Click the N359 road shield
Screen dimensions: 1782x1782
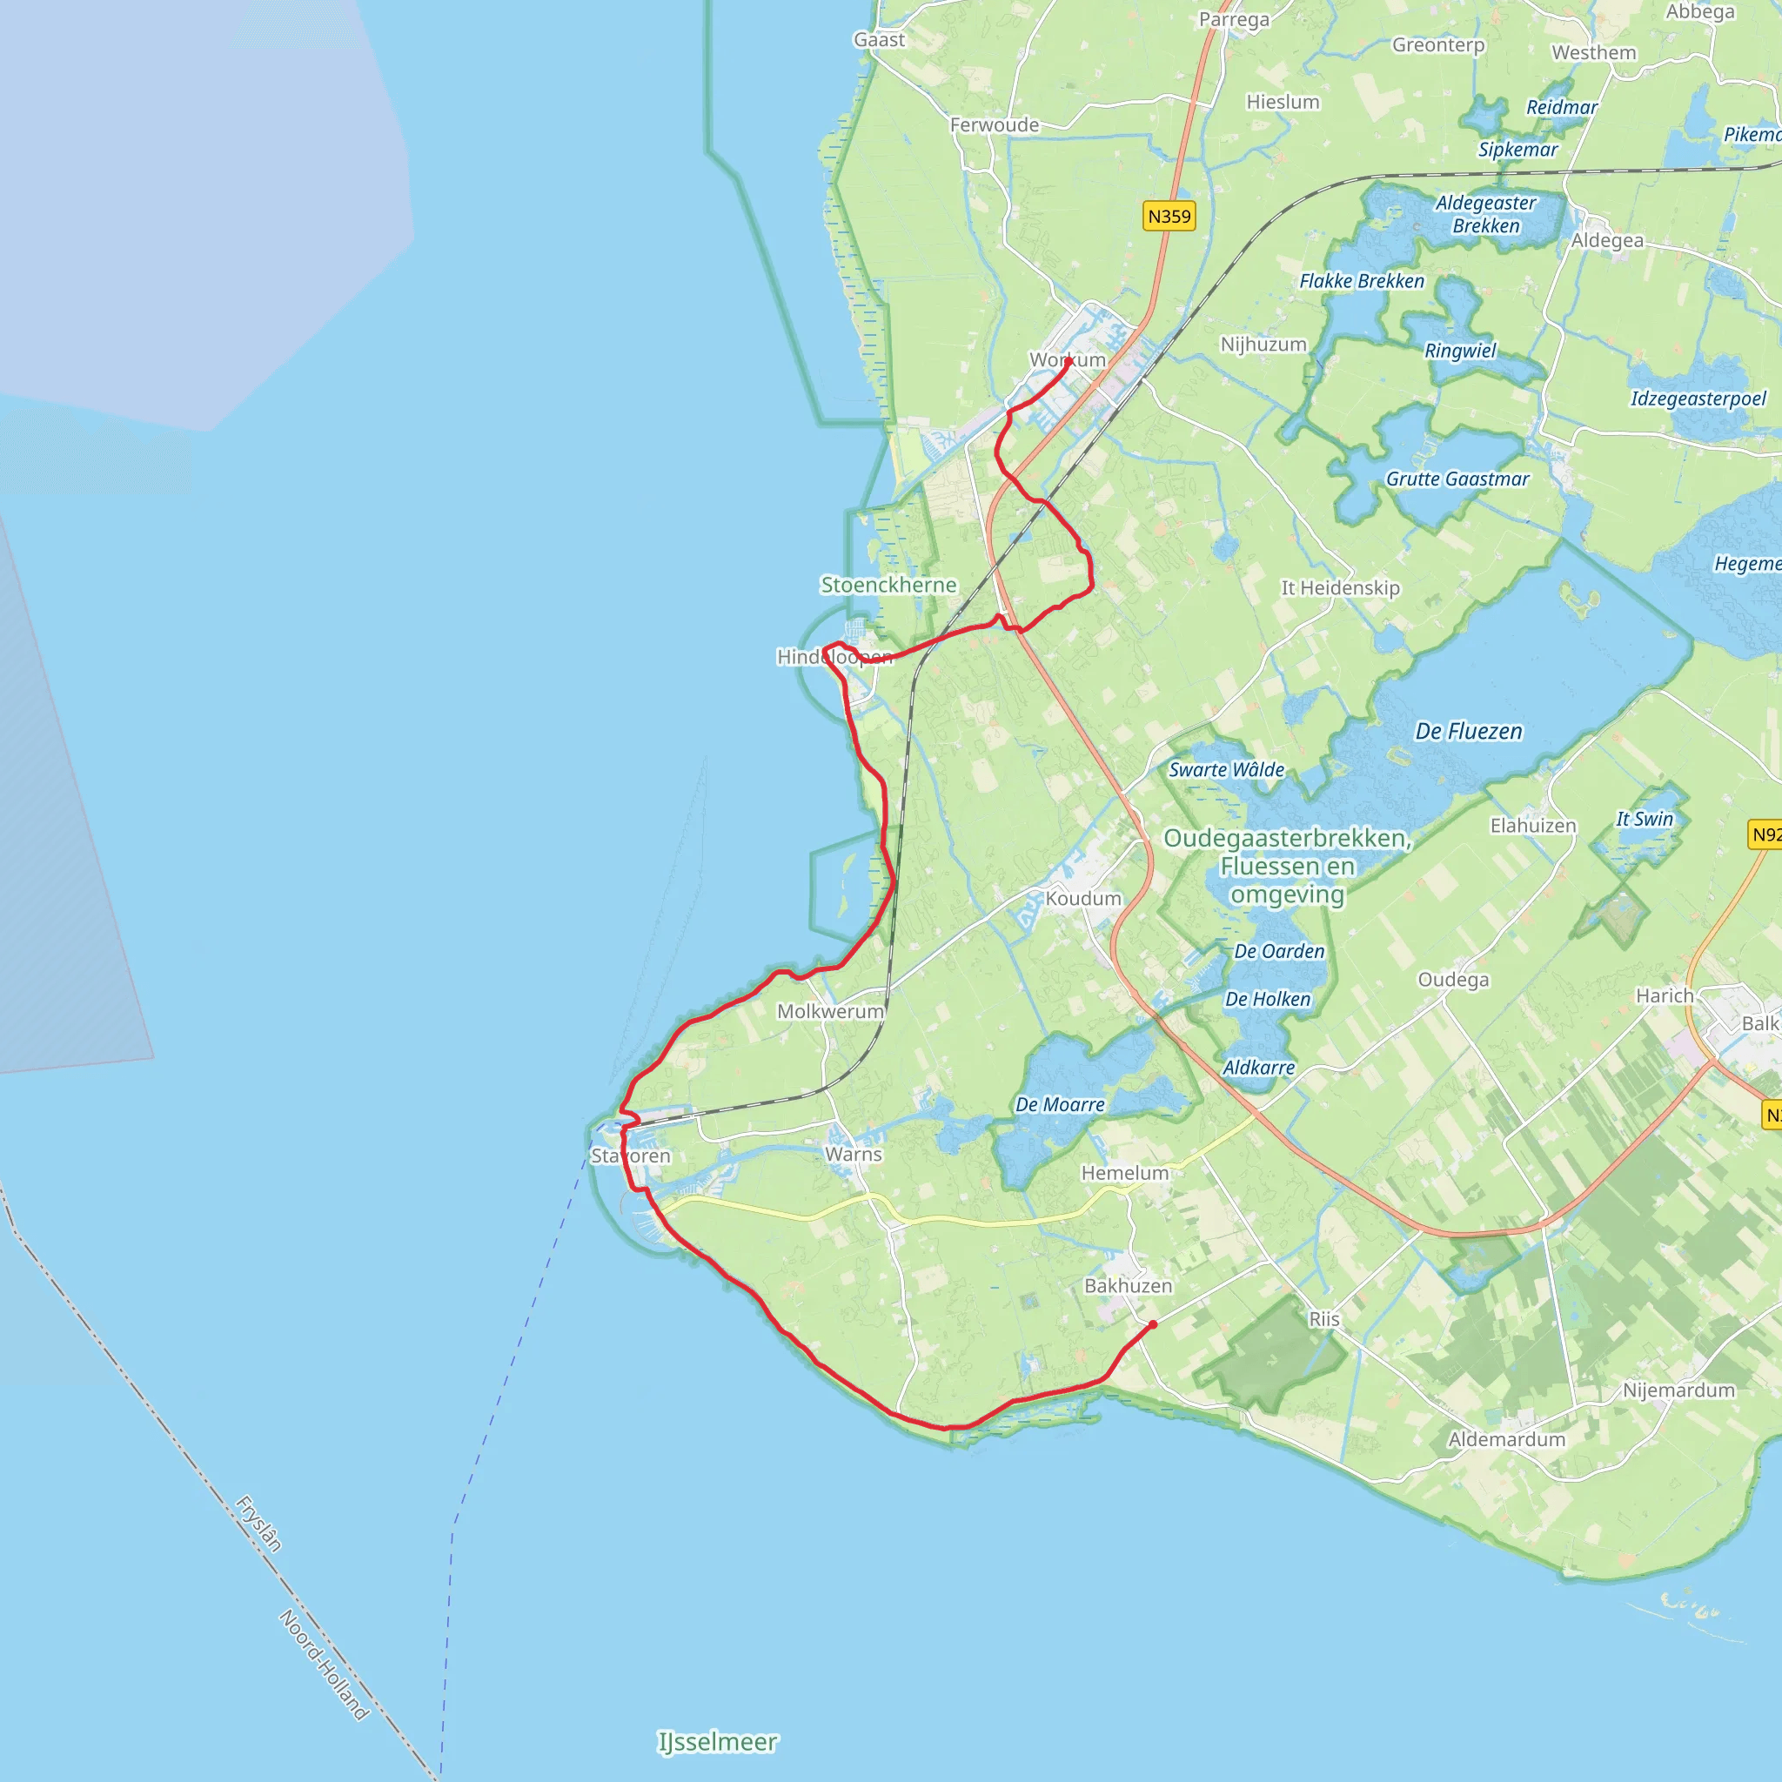(x=1169, y=217)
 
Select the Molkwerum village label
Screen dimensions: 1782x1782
(x=830, y=1011)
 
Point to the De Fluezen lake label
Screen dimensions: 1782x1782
(x=1469, y=732)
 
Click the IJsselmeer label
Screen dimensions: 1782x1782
(x=718, y=1741)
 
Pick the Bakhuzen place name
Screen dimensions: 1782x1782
(x=1128, y=1286)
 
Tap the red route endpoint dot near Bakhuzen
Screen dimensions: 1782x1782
(x=1153, y=1324)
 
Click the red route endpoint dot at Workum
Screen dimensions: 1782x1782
(x=1069, y=362)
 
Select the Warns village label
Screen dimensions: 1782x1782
(x=854, y=1154)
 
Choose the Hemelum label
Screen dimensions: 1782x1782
(x=1124, y=1172)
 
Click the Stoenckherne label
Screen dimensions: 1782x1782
(x=888, y=585)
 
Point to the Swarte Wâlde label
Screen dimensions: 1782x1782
(x=1226, y=769)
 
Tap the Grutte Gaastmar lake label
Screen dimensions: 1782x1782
(x=1457, y=479)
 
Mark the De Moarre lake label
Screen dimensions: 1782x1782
(x=1060, y=1104)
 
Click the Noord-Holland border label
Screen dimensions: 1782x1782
(x=324, y=1665)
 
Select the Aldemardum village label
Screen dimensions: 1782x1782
(x=1506, y=1439)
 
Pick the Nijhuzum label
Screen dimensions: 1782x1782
(x=1263, y=344)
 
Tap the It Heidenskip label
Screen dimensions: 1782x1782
(x=1339, y=587)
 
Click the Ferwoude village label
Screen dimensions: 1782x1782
(x=995, y=124)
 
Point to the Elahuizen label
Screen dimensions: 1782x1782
(x=1533, y=826)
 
